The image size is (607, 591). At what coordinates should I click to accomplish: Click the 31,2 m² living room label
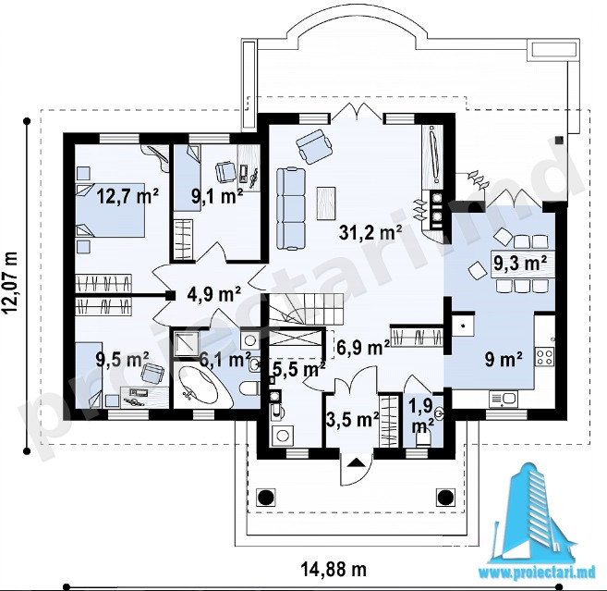tap(370, 232)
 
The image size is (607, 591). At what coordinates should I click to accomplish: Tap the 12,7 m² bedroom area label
tap(127, 196)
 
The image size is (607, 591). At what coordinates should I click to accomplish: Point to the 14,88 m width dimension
tap(334, 570)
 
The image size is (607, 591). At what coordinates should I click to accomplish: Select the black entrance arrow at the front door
tap(357, 462)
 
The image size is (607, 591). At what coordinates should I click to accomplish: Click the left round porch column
tap(265, 497)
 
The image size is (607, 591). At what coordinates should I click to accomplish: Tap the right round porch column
tap(445, 497)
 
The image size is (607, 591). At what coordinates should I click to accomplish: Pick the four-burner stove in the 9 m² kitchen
tap(545, 356)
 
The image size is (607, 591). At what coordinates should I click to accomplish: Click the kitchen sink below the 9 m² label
tap(504, 400)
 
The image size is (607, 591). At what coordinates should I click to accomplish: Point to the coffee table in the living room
tap(326, 203)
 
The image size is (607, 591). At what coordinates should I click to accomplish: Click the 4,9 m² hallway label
tap(214, 294)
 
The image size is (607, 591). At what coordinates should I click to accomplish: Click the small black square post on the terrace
tap(559, 140)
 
